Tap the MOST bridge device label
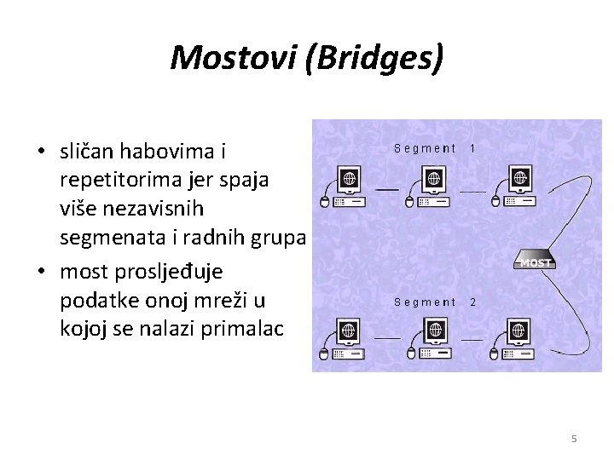[536, 262]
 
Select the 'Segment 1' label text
[435, 148]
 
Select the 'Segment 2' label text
[435, 302]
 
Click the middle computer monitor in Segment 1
[434, 180]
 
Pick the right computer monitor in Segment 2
[519, 331]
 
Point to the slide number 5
[574, 439]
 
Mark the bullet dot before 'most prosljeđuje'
[41, 273]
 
